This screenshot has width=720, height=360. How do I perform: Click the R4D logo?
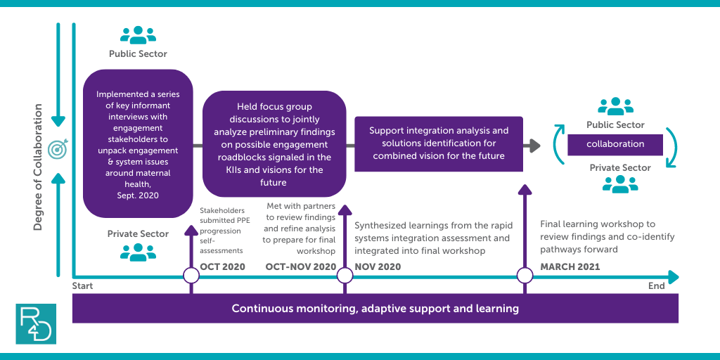pyautogui.click(x=36, y=323)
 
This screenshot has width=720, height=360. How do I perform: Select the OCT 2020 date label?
pyautogui.click(x=223, y=266)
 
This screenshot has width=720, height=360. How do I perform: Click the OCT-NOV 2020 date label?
pyautogui.click(x=301, y=266)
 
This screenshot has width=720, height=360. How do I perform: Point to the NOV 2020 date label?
pyautogui.click(x=378, y=266)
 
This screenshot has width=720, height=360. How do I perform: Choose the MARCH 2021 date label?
pyautogui.click(x=570, y=266)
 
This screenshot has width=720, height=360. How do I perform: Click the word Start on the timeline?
pyautogui.click(x=83, y=286)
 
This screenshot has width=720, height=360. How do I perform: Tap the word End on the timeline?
pyautogui.click(x=657, y=286)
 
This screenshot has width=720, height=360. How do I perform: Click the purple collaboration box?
pyautogui.click(x=615, y=145)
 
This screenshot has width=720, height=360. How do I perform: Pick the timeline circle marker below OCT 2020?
pyautogui.click(x=191, y=276)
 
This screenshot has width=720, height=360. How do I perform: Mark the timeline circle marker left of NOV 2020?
pyautogui.click(x=345, y=276)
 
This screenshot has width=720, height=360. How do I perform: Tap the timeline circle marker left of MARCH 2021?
pyautogui.click(x=525, y=276)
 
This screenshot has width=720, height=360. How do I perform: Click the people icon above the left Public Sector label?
pyautogui.click(x=138, y=35)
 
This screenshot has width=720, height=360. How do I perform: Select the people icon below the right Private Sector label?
pyautogui.click(x=620, y=184)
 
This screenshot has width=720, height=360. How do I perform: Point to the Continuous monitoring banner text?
pyautogui.click(x=375, y=308)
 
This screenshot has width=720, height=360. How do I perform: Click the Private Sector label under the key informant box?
pyautogui.click(x=138, y=233)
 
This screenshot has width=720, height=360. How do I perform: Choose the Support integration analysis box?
pyautogui.click(x=439, y=143)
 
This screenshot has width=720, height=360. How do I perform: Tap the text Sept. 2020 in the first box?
pyautogui.click(x=138, y=195)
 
